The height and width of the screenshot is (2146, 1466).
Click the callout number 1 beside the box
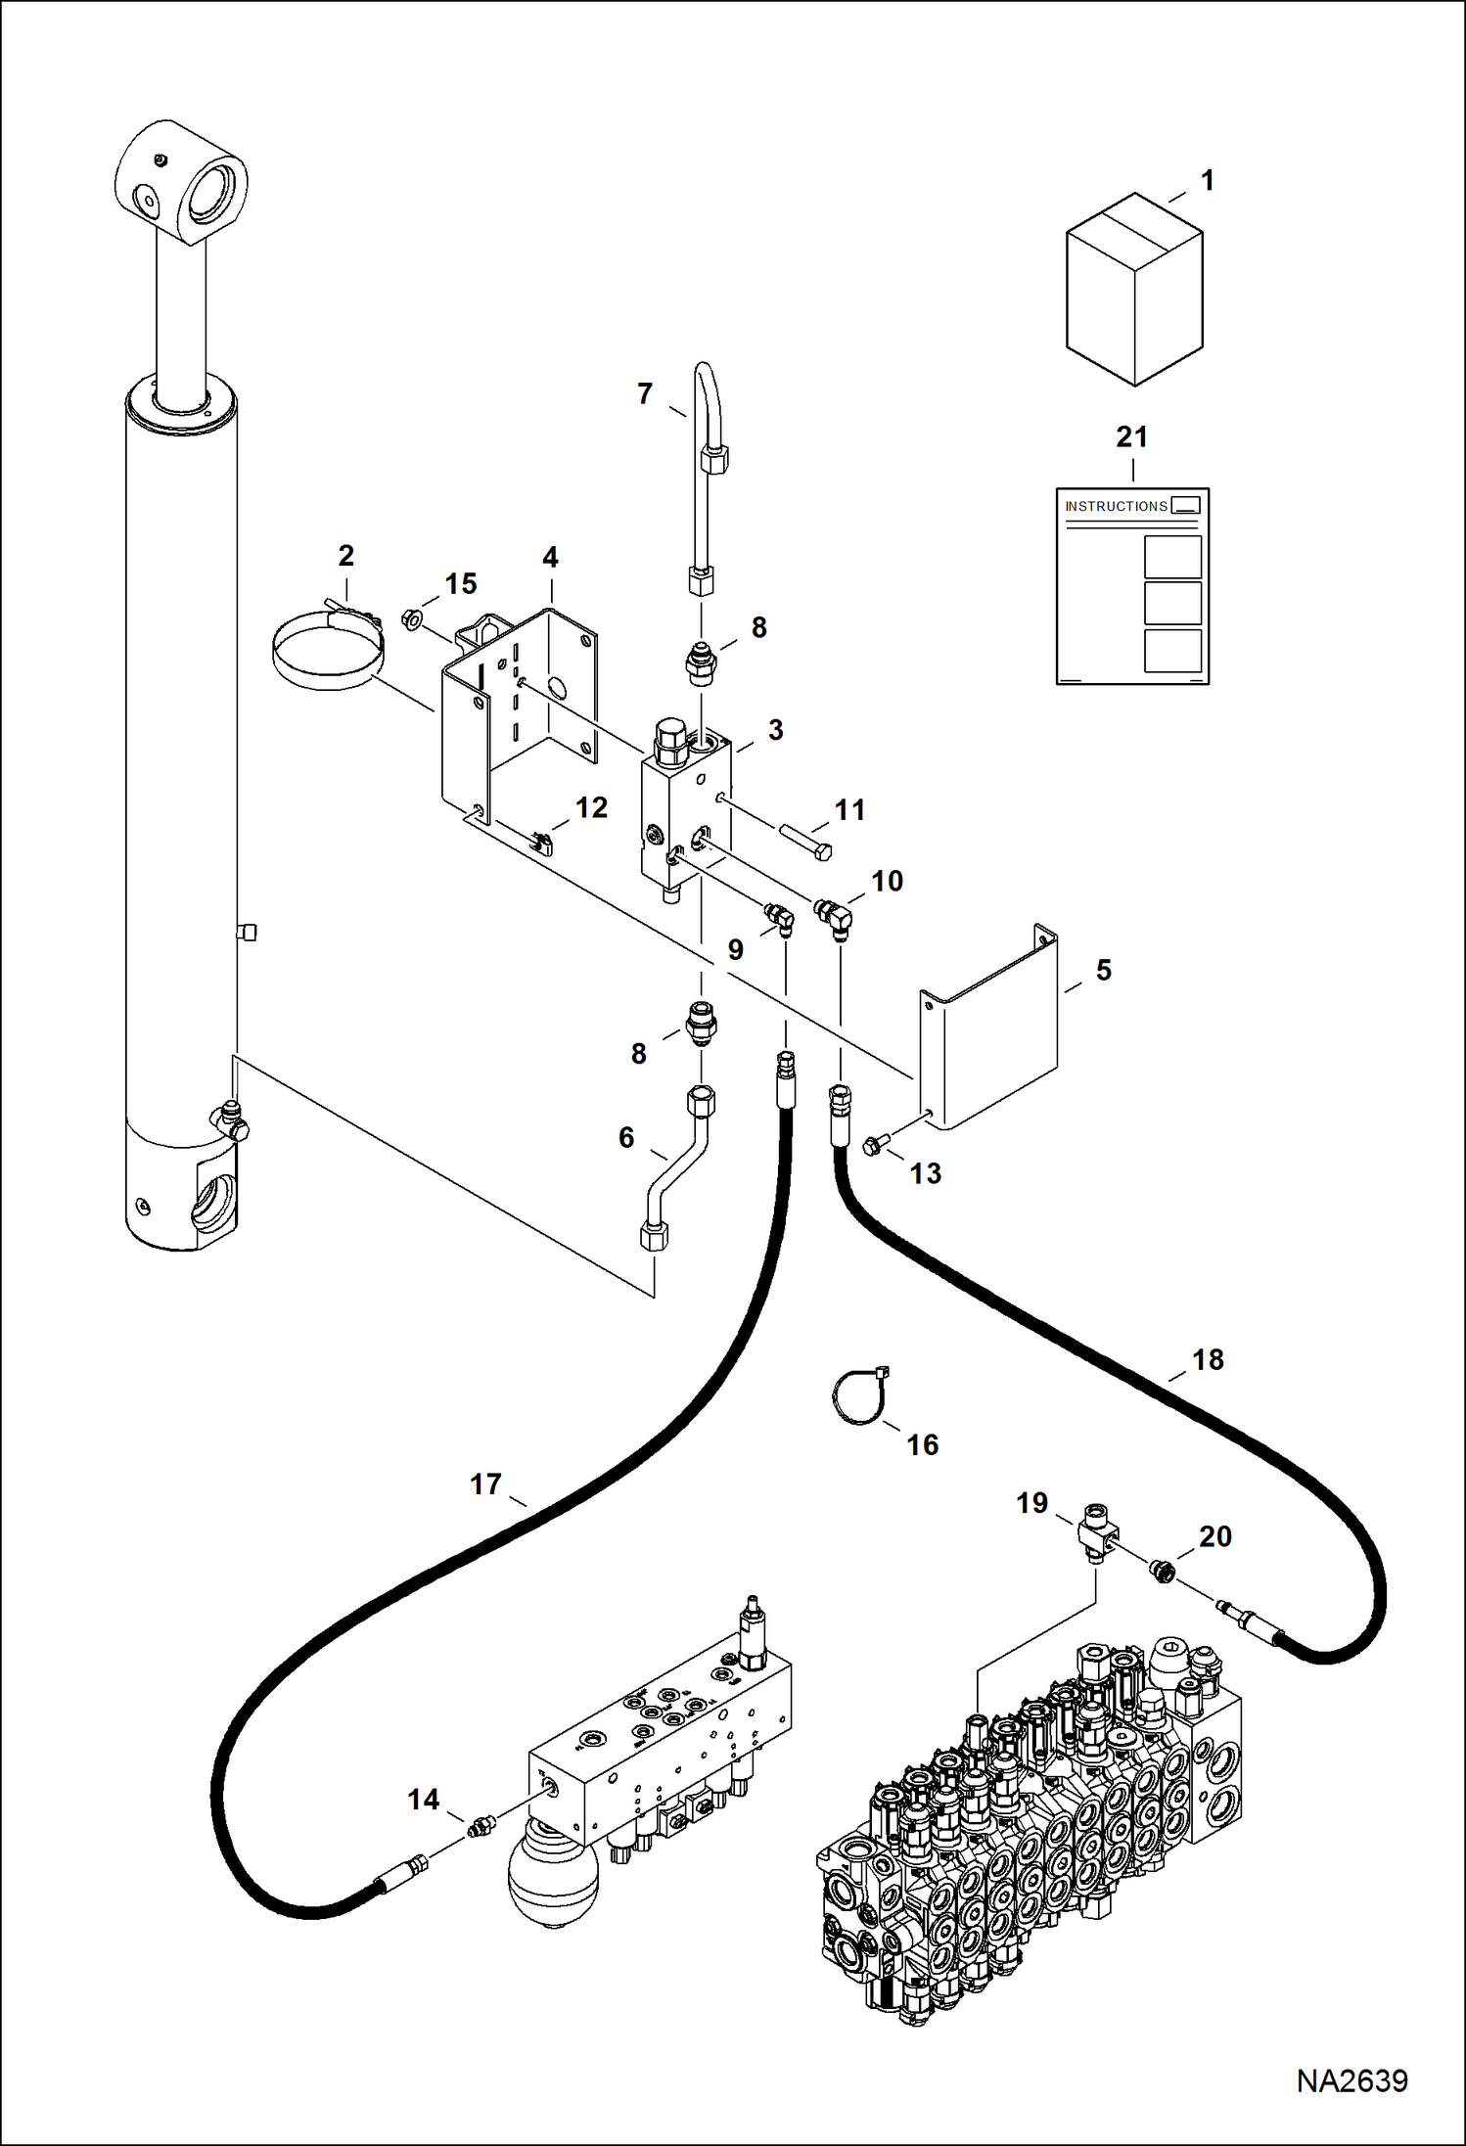pyautogui.click(x=1208, y=181)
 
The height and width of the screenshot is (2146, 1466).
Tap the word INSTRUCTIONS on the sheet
pyautogui.click(x=1116, y=506)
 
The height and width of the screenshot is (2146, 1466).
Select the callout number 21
pyautogui.click(x=1131, y=437)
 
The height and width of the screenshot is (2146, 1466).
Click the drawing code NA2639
pyautogui.click(x=1351, y=2080)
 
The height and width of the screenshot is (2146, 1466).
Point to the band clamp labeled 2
pyautogui.click(x=327, y=652)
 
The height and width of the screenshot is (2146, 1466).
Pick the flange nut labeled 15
pyautogui.click(x=411, y=618)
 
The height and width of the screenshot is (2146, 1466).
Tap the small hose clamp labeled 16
pyautogui.click(x=859, y=1397)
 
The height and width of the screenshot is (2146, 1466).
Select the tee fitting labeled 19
pyautogui.click(x=1097, y=1531)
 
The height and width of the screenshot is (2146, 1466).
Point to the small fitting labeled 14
pyautogui.click(x=480, y=1825)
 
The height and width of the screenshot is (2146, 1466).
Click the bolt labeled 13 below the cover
pyautogui.click(x=873, y=1144)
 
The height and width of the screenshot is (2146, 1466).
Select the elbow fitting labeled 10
pyautogui.click(x=834, y=917)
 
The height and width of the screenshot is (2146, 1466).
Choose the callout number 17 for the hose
pyautogui.click(x=485, y=1484)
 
